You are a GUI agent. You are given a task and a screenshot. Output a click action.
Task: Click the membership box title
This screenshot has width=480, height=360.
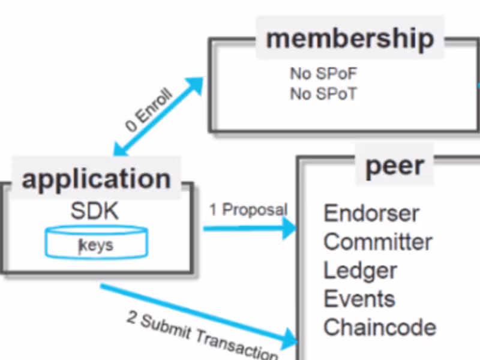350,38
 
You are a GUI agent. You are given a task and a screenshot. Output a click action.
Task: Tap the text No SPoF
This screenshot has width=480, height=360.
324,74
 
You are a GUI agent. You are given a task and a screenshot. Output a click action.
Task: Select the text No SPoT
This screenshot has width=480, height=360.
323,94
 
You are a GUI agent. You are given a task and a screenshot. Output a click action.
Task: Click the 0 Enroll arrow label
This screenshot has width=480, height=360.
149,110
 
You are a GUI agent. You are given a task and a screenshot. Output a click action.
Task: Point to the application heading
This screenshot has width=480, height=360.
97,179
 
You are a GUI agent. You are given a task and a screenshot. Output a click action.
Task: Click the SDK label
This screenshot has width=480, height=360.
95,211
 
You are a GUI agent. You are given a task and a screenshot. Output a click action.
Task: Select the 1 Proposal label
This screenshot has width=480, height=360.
248,210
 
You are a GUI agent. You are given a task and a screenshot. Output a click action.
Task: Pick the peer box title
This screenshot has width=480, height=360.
395,166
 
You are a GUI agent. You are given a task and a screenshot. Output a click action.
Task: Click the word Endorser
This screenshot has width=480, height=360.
371,213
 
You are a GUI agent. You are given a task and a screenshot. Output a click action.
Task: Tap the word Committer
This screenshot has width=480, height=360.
378,242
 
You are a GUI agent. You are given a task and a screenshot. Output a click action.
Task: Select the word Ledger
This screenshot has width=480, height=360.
360,271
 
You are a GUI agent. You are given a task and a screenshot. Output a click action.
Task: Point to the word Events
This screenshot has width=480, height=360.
359,299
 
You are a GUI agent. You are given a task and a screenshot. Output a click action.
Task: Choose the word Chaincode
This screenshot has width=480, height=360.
380,328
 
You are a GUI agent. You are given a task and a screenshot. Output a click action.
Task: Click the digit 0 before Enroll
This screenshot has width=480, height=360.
131,127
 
